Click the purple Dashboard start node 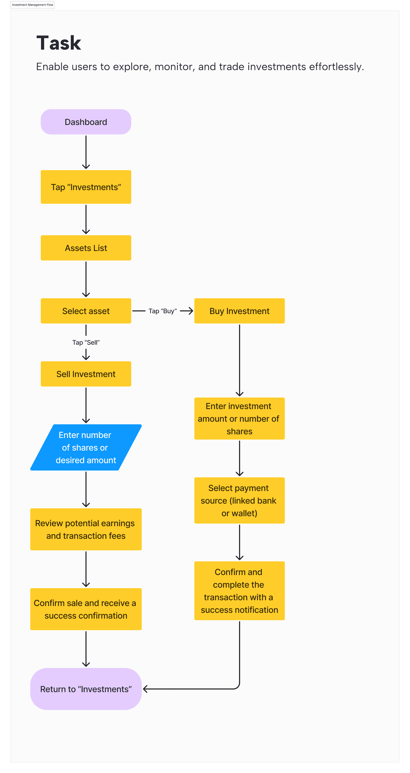(x=86, y=122)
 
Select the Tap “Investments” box (x=86, y=187)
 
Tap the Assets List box (x=86, y=248)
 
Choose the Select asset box (x=86, y=311)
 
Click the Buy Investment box (x=239, y=311)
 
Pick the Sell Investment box (x=86, y=374)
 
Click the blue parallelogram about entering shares (x=86, y=447)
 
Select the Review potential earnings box (x=86, y=529)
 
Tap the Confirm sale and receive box (x=86, y=609)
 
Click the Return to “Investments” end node (x=86, y=689)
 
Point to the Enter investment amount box (x=239, y=419)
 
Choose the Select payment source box (x=239, y=500)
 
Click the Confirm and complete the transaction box (x=239, y=591)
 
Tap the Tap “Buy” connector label (x=163, y=311)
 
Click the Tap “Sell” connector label (x=86, y=342)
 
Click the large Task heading (x=59, y=43)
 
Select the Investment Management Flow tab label (x=32, y=5)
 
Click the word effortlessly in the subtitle (x=336, y=67)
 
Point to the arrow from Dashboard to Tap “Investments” (x=86, y=152)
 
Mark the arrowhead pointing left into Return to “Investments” (x=145, y=689)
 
